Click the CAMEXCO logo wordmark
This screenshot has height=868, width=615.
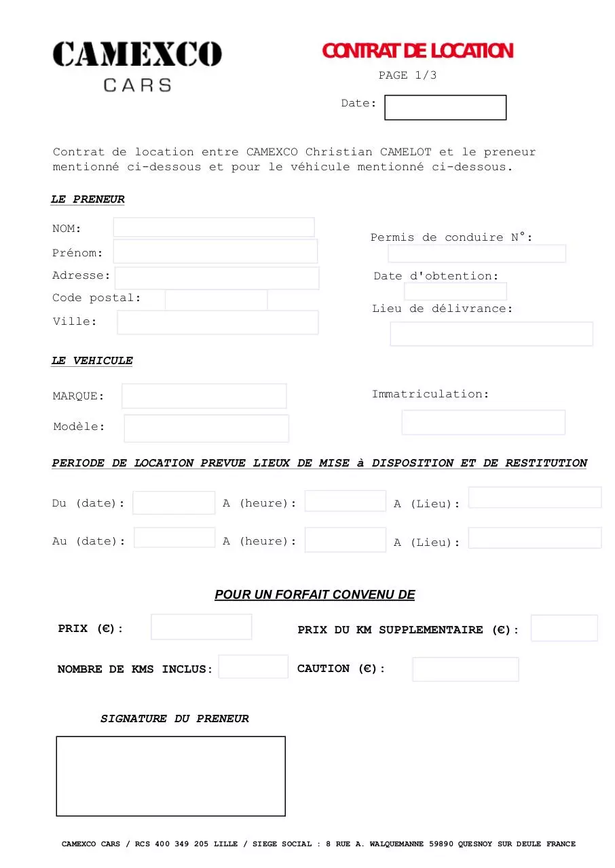pos(137,54)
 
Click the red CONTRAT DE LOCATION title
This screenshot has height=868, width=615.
pos(417,51)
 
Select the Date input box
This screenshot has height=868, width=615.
pos(445,108)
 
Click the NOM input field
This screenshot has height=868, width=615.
pos(214,227)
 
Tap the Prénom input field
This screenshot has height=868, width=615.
pos(215,251)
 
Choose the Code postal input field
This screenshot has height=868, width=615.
pos(216,300)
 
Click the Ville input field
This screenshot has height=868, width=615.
pos(217,323)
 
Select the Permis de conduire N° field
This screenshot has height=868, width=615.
pos(477,254)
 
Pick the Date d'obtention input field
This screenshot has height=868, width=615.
pos(455,292)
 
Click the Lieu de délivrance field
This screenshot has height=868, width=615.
pos(491,334)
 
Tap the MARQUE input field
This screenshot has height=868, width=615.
pos(204,396)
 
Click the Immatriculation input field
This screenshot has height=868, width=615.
pos(483,422)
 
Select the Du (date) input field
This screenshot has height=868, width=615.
pos(174,502)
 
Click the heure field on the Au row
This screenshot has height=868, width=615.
pos(345,540)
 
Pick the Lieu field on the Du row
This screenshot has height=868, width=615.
pos(534,497)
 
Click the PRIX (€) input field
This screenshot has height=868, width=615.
pos(201,627)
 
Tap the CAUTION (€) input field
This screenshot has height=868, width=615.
pos(465,669)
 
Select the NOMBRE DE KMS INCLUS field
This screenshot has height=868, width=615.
pos(253,667)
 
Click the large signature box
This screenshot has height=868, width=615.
pos(170,776)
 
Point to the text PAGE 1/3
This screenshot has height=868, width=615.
pos(407,75)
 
